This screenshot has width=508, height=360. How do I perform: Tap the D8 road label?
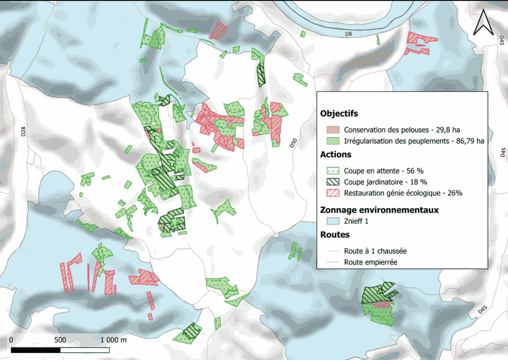coord(348,34)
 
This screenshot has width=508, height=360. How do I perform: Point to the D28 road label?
coord(23,132)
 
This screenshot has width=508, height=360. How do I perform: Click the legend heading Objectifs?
coord(339,114)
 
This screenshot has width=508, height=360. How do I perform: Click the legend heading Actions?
coord(336,154)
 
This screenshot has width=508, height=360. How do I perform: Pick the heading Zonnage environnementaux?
coord(380,210)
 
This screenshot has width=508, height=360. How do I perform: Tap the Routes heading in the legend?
coord(335,234)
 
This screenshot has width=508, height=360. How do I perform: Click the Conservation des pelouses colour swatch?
coord(331,130)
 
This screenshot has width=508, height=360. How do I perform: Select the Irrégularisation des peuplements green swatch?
coord(331,141)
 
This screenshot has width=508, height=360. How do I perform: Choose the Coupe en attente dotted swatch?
coord(331,170)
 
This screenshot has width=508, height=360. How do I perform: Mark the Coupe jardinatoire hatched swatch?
coord(331,182)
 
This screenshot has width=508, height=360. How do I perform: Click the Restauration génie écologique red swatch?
coord(331,193)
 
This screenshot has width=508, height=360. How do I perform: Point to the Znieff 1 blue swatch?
coord(331,221)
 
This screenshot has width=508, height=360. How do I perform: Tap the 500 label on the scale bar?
coord(61,340)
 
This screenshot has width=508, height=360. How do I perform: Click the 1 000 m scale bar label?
coord(114,340)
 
